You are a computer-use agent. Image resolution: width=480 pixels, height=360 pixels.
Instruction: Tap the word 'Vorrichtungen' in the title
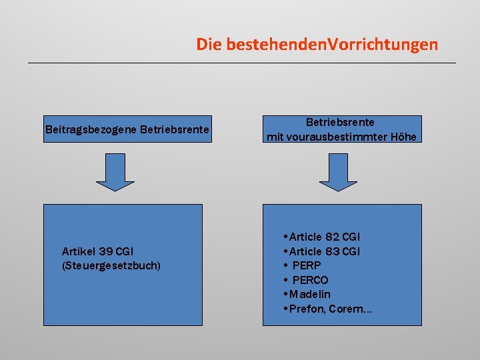point(383,45)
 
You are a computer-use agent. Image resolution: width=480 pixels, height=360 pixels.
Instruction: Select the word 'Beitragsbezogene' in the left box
point(91,129)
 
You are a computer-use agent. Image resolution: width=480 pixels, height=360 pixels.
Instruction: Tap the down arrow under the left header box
point(115,172)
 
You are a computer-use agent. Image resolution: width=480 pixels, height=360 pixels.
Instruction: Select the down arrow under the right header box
point(338,172)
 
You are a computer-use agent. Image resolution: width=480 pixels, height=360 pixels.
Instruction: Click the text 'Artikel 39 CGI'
point(97,251)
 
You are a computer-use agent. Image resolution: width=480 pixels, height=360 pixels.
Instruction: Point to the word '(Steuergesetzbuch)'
point(111,265)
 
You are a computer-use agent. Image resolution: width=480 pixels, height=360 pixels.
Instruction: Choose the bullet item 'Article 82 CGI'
point(324,237)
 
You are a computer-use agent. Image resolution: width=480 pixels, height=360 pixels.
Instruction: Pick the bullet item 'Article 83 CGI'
point(324,251)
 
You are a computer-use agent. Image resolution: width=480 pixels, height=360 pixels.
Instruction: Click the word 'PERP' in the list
point(307,265)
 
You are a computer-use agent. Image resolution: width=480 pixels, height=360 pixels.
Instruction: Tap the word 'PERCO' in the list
point(310,280)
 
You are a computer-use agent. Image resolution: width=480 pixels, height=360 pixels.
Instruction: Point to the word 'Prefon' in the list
point(305,309)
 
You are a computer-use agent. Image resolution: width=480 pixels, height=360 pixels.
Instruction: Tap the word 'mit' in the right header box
point(275,137)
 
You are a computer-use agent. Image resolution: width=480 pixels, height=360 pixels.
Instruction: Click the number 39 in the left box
point(105,251)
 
